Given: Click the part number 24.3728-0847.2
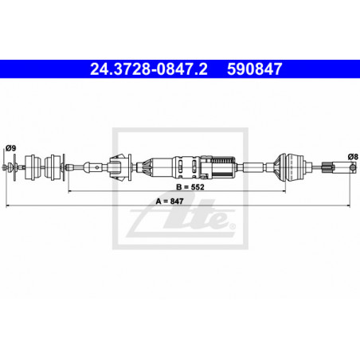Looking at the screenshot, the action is tap(149, 69).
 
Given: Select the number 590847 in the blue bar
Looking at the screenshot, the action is tap(254, 69).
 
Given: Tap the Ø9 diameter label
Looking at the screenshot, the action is tap(11, 148).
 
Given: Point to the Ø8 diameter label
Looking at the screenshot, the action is tap(353, 157).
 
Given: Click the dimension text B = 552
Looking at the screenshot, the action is tap(190, 187).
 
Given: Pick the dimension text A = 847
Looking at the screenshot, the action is tap(170, 202).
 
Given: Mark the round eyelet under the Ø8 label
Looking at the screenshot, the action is tap(353, 167).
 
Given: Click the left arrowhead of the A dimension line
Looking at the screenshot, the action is tap(7, 205).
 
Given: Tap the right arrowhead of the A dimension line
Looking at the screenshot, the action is tap(348, 205).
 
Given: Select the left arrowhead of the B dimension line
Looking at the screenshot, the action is tap(70, 191).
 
